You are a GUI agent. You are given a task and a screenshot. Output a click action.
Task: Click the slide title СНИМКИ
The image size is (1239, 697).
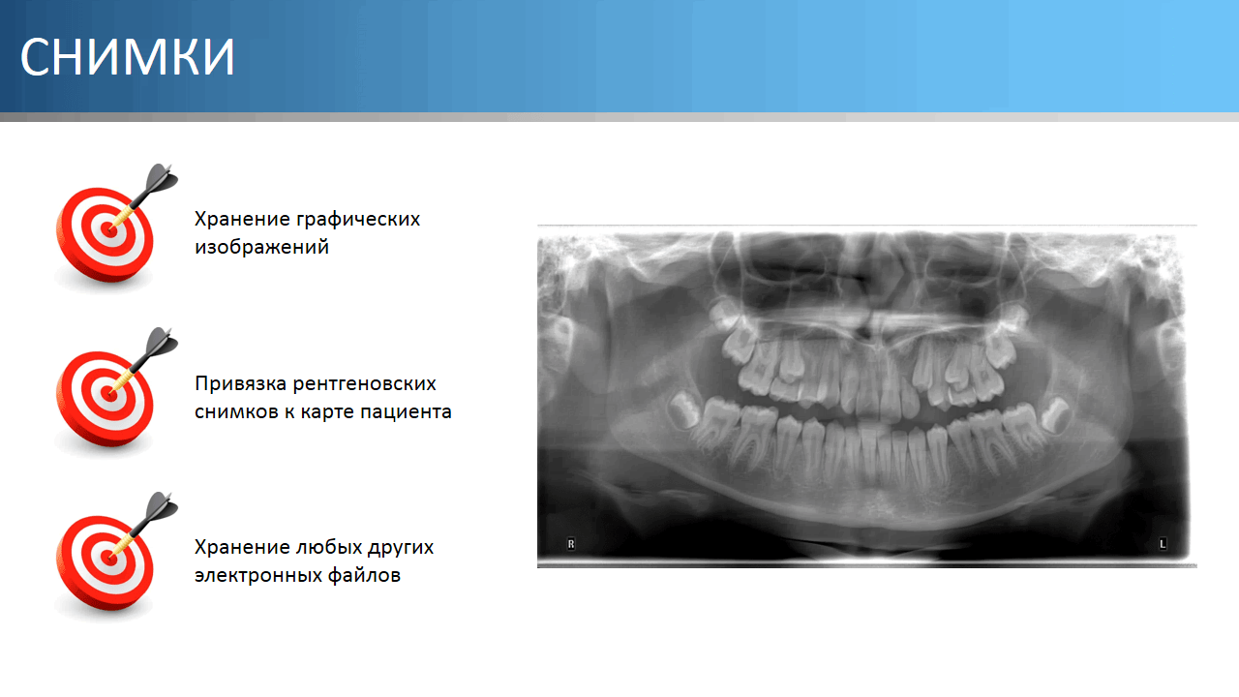[x=127, y=56]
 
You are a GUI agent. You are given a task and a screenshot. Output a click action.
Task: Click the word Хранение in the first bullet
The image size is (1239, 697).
[x=241, y=220]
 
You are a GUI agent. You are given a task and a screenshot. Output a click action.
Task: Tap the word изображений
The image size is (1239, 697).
[x=261, y=247]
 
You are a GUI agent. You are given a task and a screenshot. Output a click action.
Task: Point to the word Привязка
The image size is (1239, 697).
[x=240, y=384]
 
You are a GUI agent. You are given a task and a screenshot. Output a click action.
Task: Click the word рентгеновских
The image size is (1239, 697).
[x=365, y=384]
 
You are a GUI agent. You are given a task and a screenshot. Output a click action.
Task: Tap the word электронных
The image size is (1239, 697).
[x=257, y=576]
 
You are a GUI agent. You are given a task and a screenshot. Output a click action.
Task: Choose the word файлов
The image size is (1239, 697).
[x=364, y=575]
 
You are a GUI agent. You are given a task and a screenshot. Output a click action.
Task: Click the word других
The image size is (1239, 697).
[x=401, y=548]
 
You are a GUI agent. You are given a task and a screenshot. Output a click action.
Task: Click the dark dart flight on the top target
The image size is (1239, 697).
[x=162, y=179]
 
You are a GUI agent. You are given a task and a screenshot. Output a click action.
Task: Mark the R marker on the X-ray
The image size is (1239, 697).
[x=571, y=544]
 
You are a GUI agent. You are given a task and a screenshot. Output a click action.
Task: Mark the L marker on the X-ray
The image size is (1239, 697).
[x=1163, y=544]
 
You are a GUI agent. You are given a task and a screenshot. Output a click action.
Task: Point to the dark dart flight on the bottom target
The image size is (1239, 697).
[x=162, y=507]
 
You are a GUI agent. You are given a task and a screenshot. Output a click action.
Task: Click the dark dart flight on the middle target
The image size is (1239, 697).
[x=162, y=343]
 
